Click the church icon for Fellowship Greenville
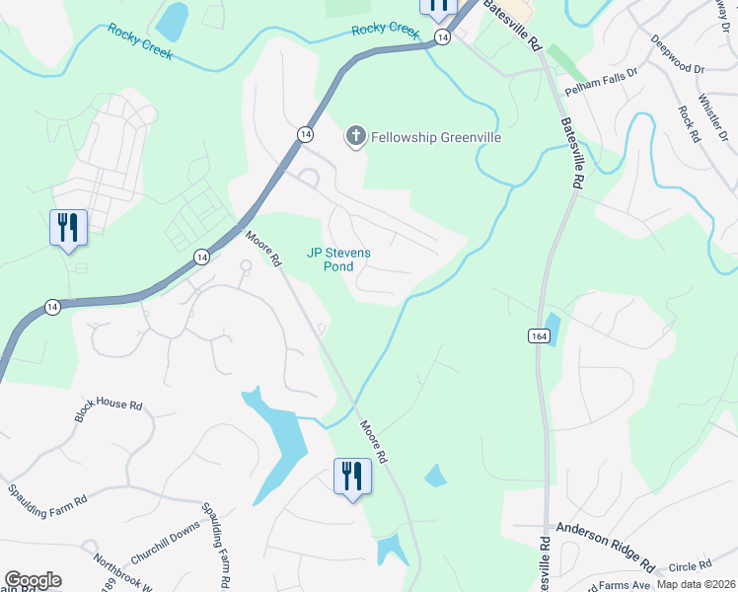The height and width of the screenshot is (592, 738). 355,136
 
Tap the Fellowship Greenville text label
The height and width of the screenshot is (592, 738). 435,137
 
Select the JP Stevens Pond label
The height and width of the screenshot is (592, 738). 338,259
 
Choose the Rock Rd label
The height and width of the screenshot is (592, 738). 688,124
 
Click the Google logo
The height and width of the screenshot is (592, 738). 33,580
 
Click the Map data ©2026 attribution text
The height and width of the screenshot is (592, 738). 696,584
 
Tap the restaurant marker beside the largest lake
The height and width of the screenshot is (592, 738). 352,479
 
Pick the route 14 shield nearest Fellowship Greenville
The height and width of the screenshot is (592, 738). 304,131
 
